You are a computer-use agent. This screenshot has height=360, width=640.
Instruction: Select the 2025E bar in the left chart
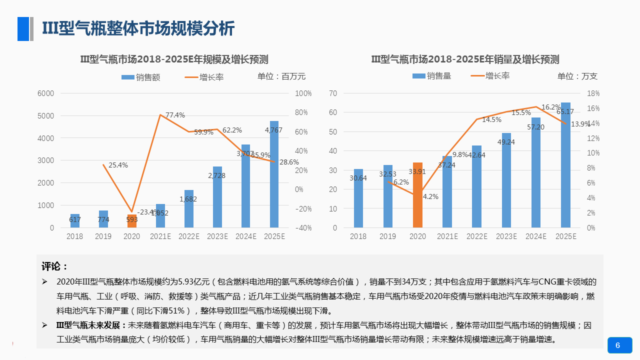(x=274, y=175)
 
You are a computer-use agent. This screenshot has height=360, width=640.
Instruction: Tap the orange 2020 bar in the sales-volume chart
(x=417, y=195)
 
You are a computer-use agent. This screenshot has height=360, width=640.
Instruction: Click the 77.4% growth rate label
(x=175, y=115)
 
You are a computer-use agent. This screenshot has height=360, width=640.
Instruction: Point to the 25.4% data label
(x=118, y=165)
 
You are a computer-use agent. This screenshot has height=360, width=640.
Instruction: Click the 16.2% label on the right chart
(x=550, y=107)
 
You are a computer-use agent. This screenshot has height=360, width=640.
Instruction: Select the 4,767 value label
(x=273, y=130)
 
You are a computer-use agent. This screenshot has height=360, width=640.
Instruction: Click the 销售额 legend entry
(x=141, y=77)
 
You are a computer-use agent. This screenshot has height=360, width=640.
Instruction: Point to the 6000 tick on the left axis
(x=45, y=93)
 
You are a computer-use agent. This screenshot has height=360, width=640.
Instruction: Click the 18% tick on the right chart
(x=593, y=93)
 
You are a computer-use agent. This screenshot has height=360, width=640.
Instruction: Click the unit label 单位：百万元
(x=281, y=76)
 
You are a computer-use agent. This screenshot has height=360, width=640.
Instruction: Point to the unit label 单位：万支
(x=577, y=76)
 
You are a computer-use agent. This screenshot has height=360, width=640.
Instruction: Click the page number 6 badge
(x=619, y=345)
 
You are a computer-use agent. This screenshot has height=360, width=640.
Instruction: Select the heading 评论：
(x=54, y=266)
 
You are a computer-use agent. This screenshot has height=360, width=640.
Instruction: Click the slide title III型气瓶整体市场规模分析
(x=138, y=28)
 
